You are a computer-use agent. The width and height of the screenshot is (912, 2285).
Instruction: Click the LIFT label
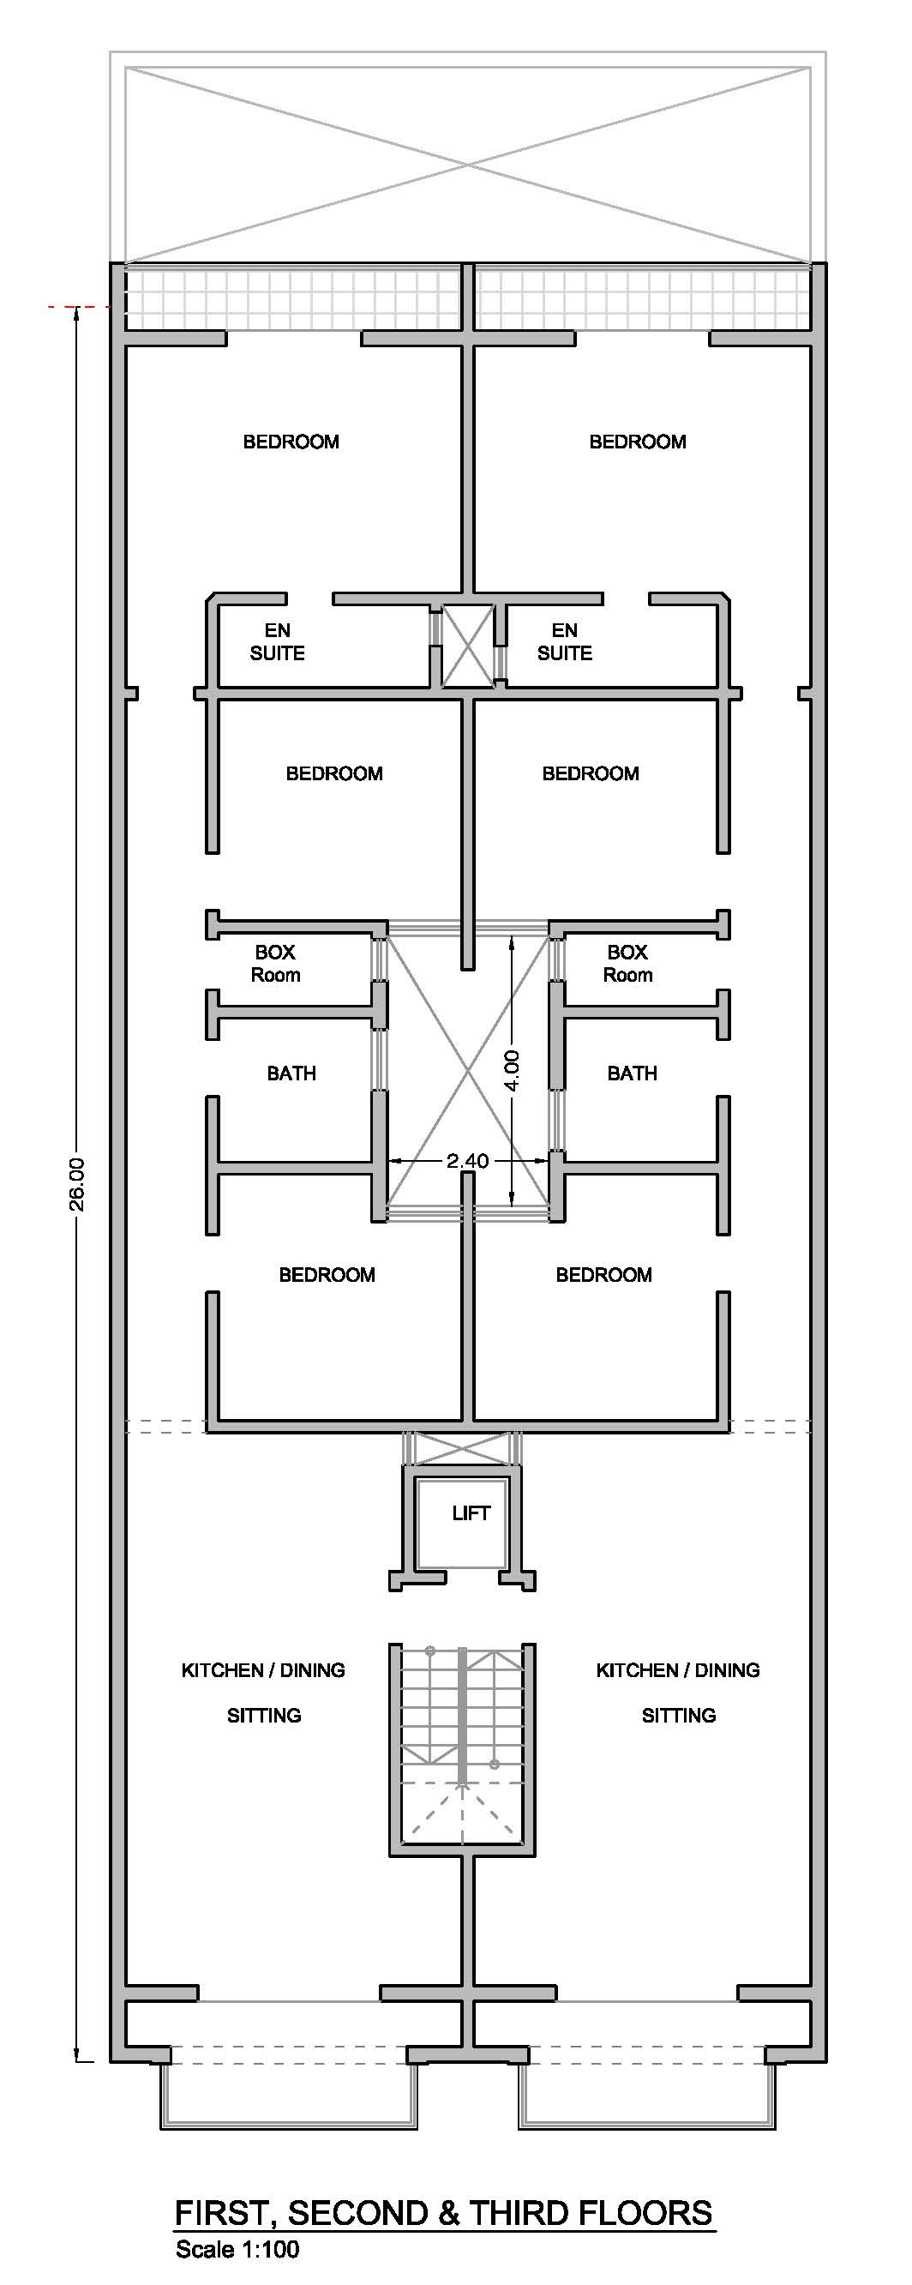tap(471, 1512)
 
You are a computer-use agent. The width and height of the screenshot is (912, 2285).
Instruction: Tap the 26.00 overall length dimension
tap(78, 1183)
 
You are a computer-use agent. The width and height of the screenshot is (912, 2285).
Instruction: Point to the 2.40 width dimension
tap(466, 1160)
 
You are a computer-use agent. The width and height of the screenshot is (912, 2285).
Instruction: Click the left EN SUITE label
tap(277, 641)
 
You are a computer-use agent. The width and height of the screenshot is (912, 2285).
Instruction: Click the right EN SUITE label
tap(564, 641)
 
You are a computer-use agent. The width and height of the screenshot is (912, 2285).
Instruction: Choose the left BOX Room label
tap(275, 964)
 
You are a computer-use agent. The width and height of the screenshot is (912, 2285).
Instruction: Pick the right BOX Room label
tap(627, 964)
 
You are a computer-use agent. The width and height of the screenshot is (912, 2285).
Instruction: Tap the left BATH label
tap(291, 1073)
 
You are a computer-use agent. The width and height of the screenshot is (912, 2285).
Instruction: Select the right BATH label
tap(632, 1073)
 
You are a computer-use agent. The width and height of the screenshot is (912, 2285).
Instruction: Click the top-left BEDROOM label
tap(291, 442)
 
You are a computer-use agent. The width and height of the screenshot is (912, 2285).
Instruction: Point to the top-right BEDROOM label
tap(637, 442)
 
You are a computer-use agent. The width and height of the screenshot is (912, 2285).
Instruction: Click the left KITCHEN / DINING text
tap(262, 1670)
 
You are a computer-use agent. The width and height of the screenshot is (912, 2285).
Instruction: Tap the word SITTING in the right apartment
tap(679, 1716)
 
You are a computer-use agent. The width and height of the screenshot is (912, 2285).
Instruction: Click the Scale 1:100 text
tap(237, 2250)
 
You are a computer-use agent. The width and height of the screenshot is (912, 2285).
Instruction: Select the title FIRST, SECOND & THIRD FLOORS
tap(444, 2213)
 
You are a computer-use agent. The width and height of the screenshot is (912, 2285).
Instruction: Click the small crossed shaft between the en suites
tap(467, 645)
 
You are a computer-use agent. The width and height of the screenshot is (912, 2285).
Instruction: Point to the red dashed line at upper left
tap(75, 307)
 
